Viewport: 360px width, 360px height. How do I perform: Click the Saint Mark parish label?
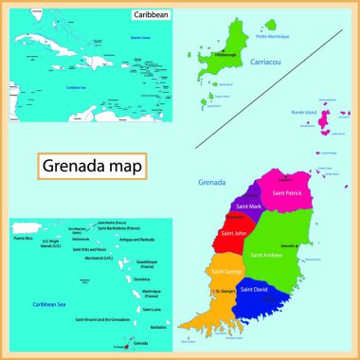[x=248, y=207]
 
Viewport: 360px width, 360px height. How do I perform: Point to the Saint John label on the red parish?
[x=235, y=233]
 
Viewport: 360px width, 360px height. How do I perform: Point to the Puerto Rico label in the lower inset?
[x=24, y=239]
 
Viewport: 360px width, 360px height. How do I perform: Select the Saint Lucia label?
[x=152, y=309]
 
